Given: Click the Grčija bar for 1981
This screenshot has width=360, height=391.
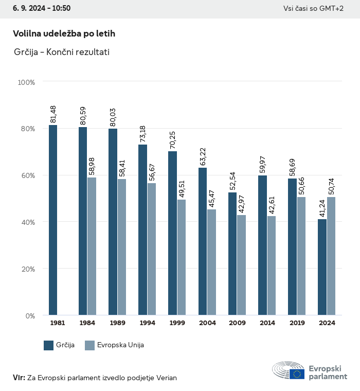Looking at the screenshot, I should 53,220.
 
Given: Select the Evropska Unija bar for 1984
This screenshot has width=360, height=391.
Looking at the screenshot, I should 92,246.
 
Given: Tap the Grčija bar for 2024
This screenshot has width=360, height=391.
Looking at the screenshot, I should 322,267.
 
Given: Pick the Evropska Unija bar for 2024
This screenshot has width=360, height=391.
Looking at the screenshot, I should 331,256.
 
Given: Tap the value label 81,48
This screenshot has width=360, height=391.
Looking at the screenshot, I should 53,114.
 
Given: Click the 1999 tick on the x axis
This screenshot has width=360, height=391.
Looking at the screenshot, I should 177,323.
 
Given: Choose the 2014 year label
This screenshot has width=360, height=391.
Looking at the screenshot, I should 267,323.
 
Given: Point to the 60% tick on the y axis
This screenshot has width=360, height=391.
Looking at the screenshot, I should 27,175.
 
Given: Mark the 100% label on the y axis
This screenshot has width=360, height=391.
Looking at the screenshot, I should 26,82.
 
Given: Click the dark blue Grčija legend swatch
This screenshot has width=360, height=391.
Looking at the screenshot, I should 49,345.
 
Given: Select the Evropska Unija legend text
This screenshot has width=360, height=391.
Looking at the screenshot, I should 120,345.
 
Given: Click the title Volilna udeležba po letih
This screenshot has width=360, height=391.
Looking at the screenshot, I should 64,33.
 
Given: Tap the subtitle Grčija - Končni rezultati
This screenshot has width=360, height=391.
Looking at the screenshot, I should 62,52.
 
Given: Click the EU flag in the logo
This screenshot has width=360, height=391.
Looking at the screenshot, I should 296,374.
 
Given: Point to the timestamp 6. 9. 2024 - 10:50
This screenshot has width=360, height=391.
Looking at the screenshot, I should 38,8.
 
